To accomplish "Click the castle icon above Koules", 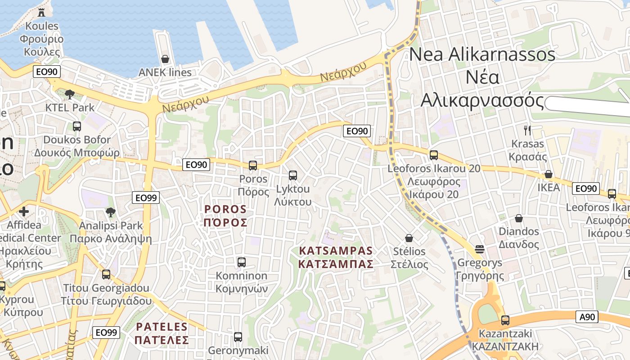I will (x=41, y=12).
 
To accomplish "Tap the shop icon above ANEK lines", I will (x=165, y=59).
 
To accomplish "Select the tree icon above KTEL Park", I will (x=69, y=94).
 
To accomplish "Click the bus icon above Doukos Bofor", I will (x=77, y=126).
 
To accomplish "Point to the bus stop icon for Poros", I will (x=253, y=165).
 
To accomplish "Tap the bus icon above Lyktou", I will (x=293, y=175).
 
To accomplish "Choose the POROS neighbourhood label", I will (x=225, y=216).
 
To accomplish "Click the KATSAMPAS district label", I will (x=336, y=257).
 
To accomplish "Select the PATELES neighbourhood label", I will (x=162, y=333).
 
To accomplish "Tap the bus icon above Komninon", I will (x=242, y=262).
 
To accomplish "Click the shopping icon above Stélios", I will (x=409, y=238).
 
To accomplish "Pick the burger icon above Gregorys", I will (x=479, y=249).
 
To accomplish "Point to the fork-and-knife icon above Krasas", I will (x=527, y=130).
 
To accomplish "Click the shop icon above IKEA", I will (x=549, y=174).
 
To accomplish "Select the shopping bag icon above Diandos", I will (x=519, y=218).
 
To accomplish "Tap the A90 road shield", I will (x=587, y=317).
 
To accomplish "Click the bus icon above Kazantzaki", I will (x=505, y=320).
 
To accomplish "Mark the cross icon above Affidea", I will (x=24, y=211).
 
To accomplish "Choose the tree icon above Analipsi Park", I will (x=111, y=212).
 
